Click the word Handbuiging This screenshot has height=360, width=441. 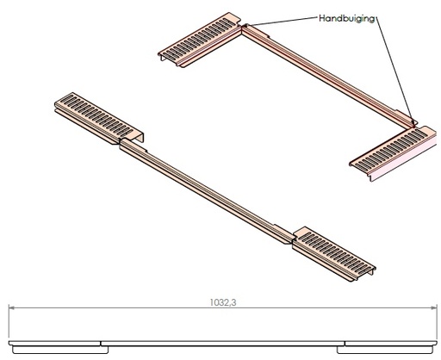click(x=347, y=19)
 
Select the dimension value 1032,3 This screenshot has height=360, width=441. click(x=223, y=302)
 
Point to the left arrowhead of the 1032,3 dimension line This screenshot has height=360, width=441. click(x=12, y=307)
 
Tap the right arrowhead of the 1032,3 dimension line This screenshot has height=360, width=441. click(x=433, y=307)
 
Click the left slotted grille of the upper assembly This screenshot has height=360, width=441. click(x=200, y=40)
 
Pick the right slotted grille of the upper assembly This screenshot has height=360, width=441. click(x=394, y=152)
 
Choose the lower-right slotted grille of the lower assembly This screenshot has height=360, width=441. click(x=334, y=254)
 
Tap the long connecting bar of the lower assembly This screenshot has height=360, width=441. click(x=207, y=191)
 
